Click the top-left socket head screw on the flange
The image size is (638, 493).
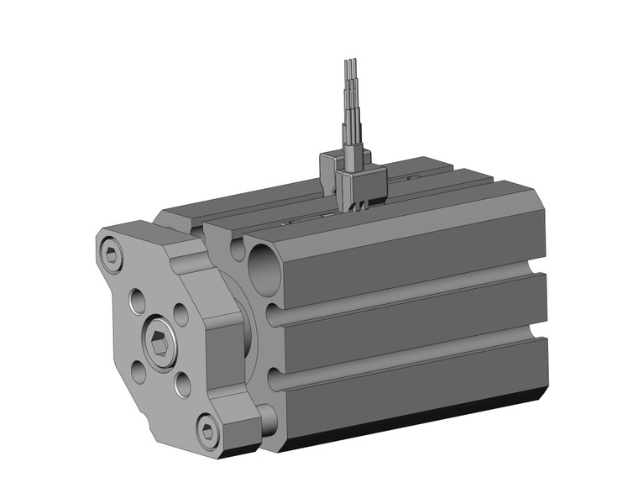(112, 254)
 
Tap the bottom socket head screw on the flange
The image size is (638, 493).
(208, 432)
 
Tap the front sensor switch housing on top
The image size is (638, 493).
(359, 182)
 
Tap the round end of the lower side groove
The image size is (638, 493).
(275, 378)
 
